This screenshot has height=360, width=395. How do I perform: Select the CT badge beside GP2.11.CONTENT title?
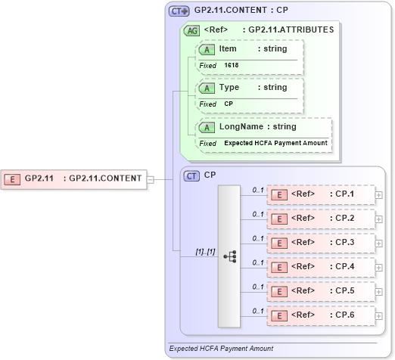179,11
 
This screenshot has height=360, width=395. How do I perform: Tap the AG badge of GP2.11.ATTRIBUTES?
192,30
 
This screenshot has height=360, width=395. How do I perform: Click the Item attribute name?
228,49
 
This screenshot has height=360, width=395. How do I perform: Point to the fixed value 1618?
231,66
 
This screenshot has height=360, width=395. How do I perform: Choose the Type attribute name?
229,88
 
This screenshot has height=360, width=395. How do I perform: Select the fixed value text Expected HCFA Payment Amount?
275,143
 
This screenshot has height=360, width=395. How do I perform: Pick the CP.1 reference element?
321,195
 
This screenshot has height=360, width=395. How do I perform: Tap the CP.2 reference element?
321,219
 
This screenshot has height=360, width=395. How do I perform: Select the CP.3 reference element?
321,243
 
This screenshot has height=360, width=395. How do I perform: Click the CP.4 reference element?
321,267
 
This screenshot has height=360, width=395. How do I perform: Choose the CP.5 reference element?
321,290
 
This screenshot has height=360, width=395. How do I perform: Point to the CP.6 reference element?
321,315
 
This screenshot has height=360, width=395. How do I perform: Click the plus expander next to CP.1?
378,195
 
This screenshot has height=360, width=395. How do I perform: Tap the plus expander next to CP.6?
378,315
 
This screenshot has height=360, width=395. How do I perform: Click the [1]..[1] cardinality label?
206,251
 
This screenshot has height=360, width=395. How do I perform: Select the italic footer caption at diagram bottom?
221,349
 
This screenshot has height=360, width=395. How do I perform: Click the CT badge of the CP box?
192,175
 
